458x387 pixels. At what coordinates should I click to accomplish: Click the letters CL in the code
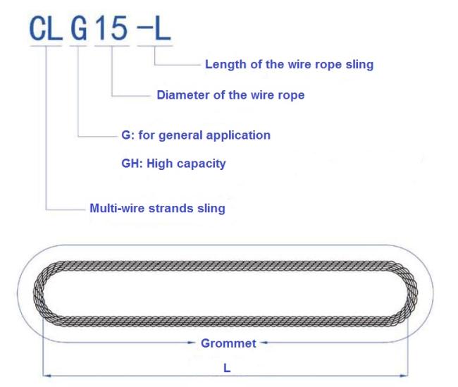(x=46, y=28)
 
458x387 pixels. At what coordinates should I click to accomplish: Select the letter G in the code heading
(x=79, y=28)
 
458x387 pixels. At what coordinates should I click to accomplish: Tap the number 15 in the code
(x=112, y=28)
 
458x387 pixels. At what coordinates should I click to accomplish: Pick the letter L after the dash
(x=163, y=28)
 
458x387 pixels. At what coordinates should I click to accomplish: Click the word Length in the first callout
(x=225, y=65)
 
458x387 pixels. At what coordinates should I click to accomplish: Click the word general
(x=180, y=135)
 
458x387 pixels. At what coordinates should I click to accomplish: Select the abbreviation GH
(x=130, y=163)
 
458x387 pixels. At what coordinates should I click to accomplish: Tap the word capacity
(x=202, y=164)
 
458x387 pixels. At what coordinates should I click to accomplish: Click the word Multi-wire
(x=118, y=209)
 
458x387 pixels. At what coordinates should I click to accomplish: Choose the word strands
(x=171, y=209)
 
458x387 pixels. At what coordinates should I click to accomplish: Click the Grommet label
(x=228, y=343)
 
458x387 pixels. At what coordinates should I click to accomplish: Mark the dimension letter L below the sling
(x=227, y=368)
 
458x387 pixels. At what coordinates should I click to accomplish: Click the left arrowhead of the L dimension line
(x=47, y=375)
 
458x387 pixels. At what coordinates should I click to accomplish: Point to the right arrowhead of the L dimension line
(x=404, y=375)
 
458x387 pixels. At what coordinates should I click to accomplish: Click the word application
(x=238, y=135)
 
